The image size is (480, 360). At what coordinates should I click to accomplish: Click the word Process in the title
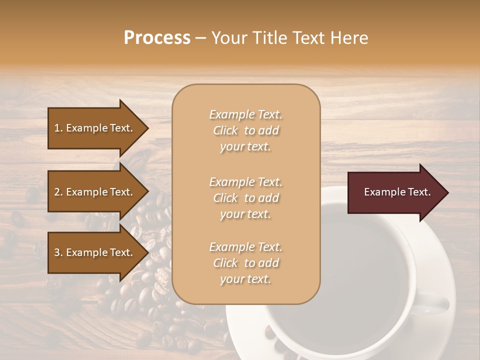coord(157,38)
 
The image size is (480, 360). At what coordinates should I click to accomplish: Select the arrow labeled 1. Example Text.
coord(95,128)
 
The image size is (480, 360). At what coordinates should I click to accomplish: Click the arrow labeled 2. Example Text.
coord(95,192)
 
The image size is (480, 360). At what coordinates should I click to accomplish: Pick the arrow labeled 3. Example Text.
coord(95,252)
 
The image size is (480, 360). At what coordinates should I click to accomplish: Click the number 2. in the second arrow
coord(58,192)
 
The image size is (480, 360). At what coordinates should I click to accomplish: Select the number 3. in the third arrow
coord(58,252)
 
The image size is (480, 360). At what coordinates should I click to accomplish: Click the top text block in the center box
coord(245,130)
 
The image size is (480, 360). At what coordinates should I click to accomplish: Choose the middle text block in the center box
coord(245,198)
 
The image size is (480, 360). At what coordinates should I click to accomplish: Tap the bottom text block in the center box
coord(245,263)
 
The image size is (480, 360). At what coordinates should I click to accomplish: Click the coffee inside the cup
coord(360,265)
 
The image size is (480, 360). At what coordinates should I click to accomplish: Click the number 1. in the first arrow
coord(58,128)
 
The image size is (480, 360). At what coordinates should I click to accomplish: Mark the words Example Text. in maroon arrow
coord(397,192)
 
